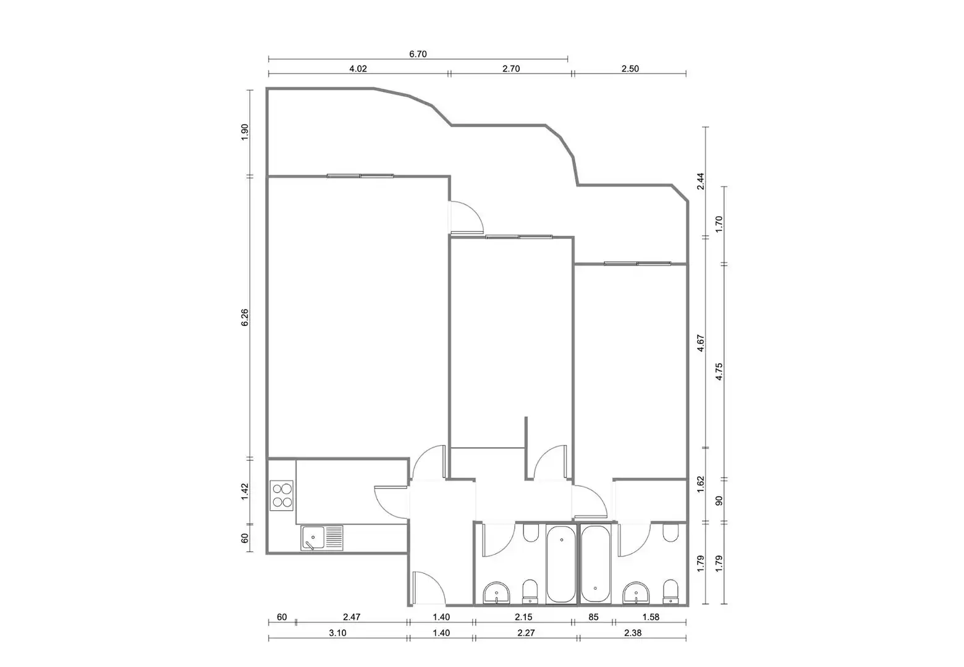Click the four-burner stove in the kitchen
point(281,495)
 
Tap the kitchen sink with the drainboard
point(322,537)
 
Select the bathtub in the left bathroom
point(561,564)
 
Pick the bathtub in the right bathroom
point(596,564)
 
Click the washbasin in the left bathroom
point(496,593)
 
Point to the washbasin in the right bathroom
point(636,593)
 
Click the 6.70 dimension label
point(418,54)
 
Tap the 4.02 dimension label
point(358,69)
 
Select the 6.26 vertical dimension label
point(245,317)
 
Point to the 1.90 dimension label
point(245,132)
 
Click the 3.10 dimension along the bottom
point(338,632)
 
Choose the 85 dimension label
point(593,617)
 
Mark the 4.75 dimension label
point(719,372)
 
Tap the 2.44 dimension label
point(701,181)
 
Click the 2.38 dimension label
point(633,632)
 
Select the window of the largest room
point(360,176)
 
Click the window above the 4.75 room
point(637,264)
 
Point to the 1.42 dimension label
point(245,492)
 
